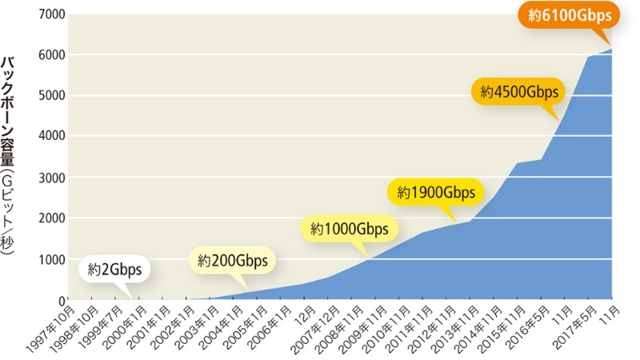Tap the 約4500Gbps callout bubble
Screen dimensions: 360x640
coord(518,91)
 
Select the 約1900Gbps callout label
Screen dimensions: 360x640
coord(435,192)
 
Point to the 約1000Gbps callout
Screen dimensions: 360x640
coord(350,230)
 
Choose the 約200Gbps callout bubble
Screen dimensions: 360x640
coord(234,261)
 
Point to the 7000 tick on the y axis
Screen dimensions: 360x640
coord(50,14)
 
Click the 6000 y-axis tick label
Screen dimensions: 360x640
coord(50,54)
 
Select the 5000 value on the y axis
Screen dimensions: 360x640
coord(50,95)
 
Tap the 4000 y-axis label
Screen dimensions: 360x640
coord(50,136)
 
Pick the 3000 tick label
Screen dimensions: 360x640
coord(50,177)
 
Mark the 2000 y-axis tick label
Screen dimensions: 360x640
coord(50,218)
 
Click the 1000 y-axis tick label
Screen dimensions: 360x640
coord(50,259)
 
